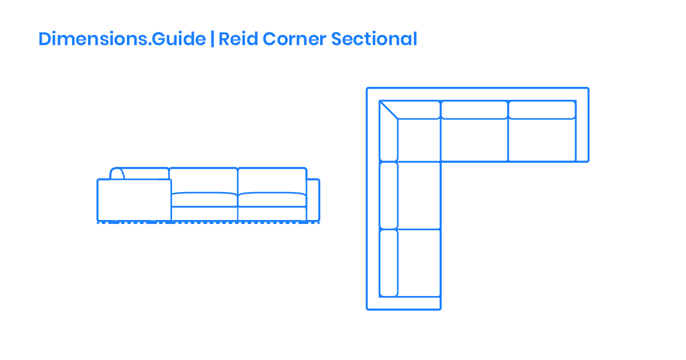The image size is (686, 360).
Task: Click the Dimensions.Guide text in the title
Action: click(122, 39)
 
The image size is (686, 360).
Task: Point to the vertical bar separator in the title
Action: click(212, 39)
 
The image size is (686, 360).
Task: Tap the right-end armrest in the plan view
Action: click(582, 131)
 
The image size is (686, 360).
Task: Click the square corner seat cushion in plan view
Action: click(419, 140)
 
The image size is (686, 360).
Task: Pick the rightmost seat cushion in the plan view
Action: click(541, 140)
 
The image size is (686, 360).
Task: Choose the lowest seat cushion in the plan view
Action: click(419, 263)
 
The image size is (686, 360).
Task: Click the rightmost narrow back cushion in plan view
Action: click(541, 110)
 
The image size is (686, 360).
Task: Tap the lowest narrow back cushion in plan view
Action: click(389, 263)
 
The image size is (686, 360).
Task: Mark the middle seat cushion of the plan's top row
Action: click(474, 140)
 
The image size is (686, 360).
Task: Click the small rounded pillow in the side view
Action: click(117, 174)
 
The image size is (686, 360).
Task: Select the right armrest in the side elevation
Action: click(313, 200)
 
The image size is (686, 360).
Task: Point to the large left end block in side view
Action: click(134, 200)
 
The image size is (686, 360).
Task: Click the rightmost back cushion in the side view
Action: click(272, 180)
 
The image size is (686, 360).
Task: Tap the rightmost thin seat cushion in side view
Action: click(272, 199)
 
